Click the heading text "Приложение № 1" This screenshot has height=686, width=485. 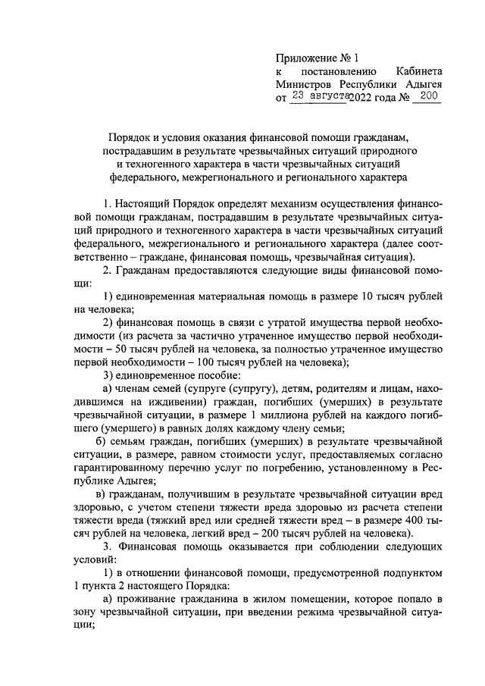point(316,57)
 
